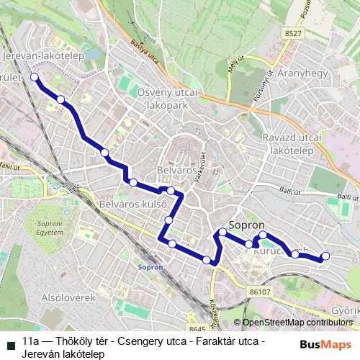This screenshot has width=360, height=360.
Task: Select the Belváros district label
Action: (176, 170)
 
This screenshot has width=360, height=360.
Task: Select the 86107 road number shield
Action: (261, 292)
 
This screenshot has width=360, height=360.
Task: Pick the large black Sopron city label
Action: (247, 224)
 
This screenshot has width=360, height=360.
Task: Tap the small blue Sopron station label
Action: (151, 266)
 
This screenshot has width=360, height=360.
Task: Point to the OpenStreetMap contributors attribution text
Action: (297, 323)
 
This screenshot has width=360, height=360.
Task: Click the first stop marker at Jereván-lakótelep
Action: (35, 77)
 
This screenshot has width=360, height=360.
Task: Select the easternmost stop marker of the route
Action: (325, 256)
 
